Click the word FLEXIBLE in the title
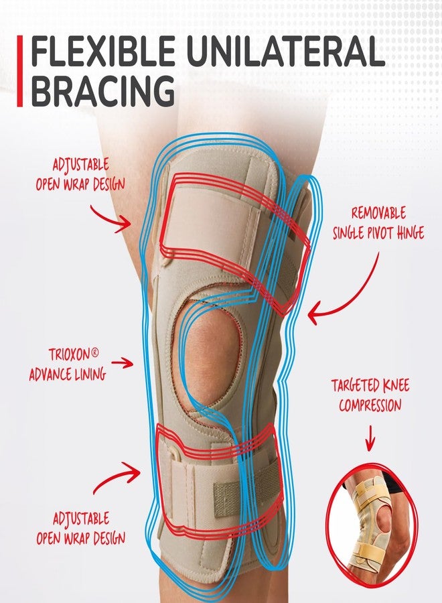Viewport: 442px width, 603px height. pos(102,50)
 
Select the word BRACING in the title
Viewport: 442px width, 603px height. pos(102,90)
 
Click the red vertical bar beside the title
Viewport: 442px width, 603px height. pos(19,71)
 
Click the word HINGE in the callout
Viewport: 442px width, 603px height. pos(411,233)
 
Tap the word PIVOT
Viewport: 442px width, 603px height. pos(382,233)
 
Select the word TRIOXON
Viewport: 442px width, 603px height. pos(69,354)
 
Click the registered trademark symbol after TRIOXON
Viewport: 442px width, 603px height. pos(94,352)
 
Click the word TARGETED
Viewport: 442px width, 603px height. pos(355,386)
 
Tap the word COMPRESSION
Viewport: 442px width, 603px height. pos(370,405)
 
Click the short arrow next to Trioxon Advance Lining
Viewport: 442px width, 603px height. pos(122,362)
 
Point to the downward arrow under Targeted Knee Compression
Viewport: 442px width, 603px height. pos(370,438)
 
